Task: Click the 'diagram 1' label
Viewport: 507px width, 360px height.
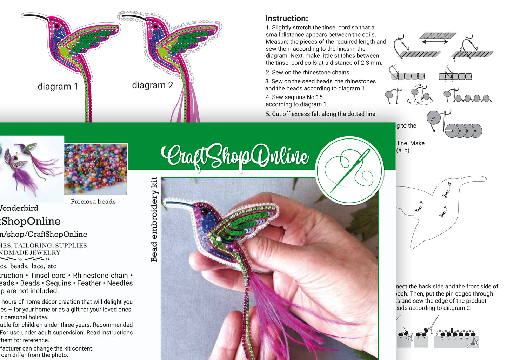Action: tap(58, 87)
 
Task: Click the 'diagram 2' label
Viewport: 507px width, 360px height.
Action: tap(152, 85)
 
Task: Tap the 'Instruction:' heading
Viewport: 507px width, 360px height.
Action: tap(286, 19)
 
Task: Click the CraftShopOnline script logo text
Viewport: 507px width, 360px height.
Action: tap(235, 156)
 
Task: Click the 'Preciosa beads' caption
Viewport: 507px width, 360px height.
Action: tap(93, 201)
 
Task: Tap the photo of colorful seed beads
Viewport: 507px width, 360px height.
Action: tap(95, 169)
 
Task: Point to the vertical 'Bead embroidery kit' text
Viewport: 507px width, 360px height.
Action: tap(154, 219)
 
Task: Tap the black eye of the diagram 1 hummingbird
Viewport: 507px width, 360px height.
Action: tap(57, 26)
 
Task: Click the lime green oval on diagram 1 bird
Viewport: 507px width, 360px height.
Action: tap(64, 52)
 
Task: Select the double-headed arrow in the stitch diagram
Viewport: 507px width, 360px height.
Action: tap(435, 42)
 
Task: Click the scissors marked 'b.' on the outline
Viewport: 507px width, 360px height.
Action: tap(446, 193)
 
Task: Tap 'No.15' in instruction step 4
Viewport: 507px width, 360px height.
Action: tap(314, 97)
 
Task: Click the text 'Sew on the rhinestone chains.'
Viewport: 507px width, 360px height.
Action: tap(311, 72)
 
